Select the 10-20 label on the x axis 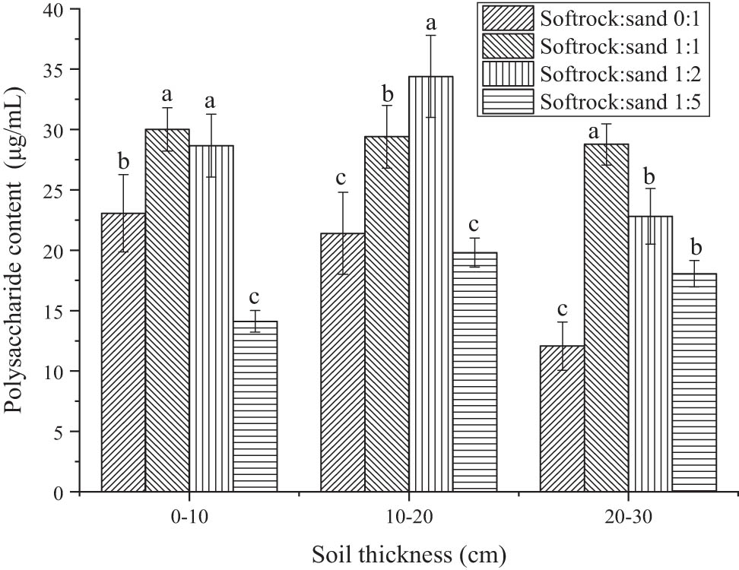pyautogui.click(x=409, y=517)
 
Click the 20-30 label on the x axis pyautogui.click(x=628, y=517)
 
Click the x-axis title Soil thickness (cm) pyautogui.click(x=409, y=553)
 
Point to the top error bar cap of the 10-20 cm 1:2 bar pyautogui.click(x=431, y=35)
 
